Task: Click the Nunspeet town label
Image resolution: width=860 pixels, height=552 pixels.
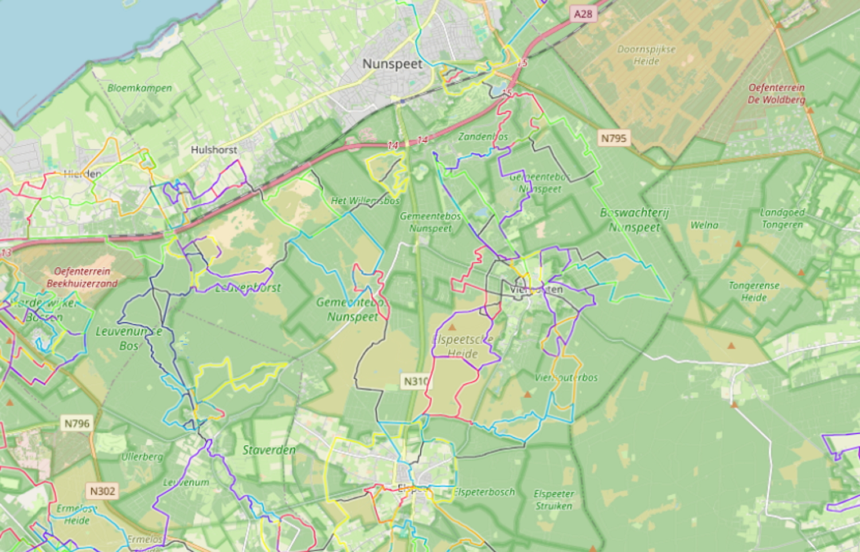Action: pyautogui.click(x=392, y=64)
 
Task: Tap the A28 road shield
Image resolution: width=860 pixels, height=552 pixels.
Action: pyautogui.click(x=583, y=13)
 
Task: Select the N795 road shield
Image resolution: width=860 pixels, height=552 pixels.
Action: pyautogui.click(x=613, y=138)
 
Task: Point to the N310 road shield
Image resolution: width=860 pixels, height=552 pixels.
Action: pyautogui.click(x=416, y=381)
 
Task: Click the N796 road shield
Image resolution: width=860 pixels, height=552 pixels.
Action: pyautogui.click(x=77, y=423)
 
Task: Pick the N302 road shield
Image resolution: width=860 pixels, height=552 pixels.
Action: pyautogui.click(x=103, y=491)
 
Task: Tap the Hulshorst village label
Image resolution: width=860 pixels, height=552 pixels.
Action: pyautogui.click(x=214, y=150)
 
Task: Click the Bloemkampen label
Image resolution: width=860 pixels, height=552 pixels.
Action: pyautogui.click(x=139, y=88)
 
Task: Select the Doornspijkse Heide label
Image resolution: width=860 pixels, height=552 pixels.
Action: pyautogui.click(x=646, y=55)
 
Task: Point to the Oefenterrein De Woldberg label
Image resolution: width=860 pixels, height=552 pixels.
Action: pyautogui.click(x=776, y=94)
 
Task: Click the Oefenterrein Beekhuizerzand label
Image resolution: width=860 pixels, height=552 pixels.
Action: pyautogui.click(x=82, y=277)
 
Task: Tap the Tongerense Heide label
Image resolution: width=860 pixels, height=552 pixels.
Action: pyautogui.click(x=754, y=291)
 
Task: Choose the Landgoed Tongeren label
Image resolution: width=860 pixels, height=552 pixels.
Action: pyautogui.click(x=782, y=218)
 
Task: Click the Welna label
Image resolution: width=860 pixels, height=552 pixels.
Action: pyautogui.click(x=704, y=225)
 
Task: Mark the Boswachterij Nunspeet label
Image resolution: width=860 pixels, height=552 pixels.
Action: pyautogui.click(x=634, y=220)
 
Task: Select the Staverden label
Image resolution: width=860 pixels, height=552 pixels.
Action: pyautogui.click(x=269, y=450)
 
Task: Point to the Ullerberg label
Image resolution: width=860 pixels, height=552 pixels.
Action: pyautogui.click(x=142, y=457)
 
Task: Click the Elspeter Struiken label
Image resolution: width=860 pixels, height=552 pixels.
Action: pyautogui.click(x=554, y=499)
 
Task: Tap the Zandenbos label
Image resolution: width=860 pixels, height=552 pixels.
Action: pyautogui.click(x=483, y=137)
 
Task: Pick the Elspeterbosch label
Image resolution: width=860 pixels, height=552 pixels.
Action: pyautogui.click(x=484, y=492)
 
